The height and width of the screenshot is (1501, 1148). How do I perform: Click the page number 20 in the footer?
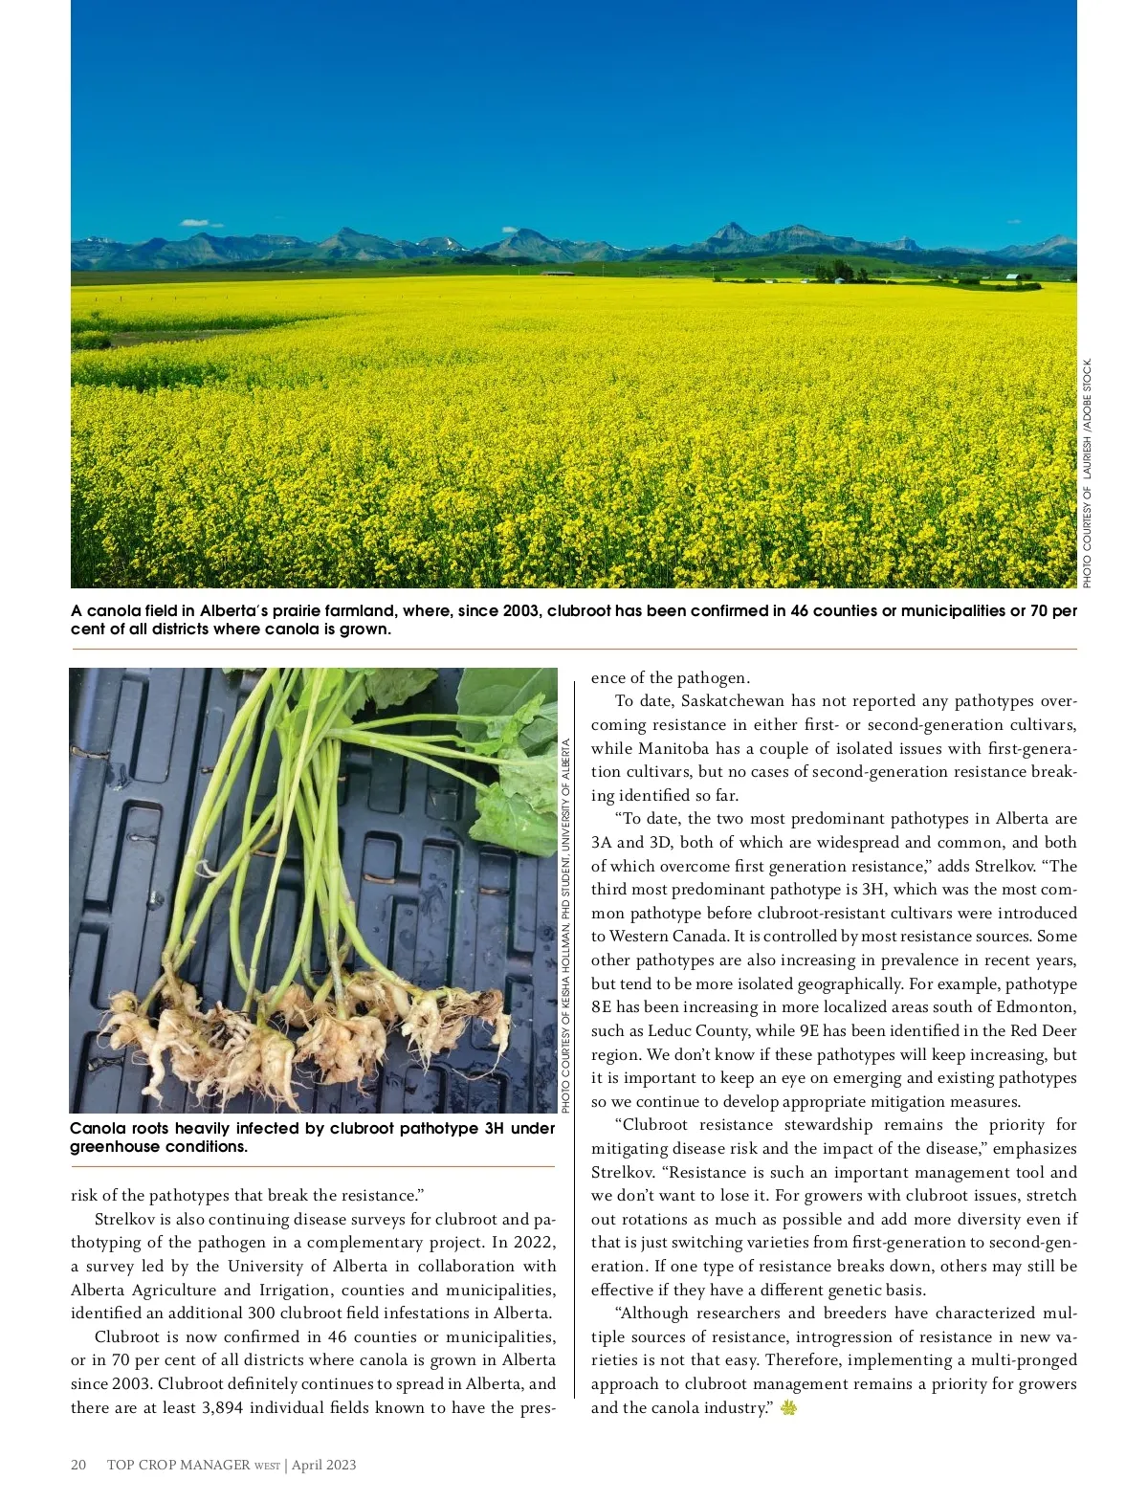(x=78, y=1465)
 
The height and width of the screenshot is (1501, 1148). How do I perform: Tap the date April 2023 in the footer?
(x=324, y=1465)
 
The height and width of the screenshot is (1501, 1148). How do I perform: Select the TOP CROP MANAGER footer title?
(x=179, y=1465)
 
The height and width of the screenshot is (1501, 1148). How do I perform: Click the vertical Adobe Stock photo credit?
(x=1087, y=474)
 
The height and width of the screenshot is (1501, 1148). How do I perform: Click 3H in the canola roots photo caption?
(x=494, y=1129)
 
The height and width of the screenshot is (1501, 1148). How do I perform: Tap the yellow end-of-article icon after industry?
(x=788, y=1407)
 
